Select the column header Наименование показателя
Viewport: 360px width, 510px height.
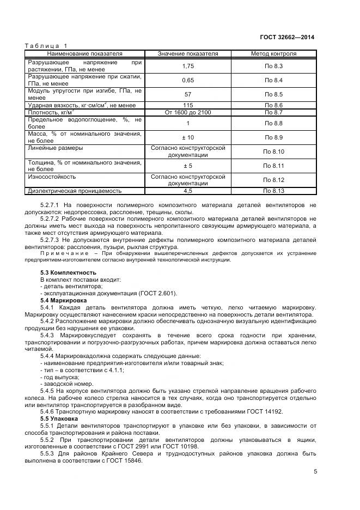(84, 54)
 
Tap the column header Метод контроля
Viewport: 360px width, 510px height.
(273, 54)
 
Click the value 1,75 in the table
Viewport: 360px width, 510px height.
(188, 66)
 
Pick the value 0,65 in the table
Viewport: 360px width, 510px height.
(188, 81)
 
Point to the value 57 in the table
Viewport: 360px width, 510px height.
(188, 94)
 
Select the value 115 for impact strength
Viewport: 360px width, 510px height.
(188, 105)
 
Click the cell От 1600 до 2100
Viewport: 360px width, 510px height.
(188, 112)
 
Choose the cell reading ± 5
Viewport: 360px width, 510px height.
(188, 166)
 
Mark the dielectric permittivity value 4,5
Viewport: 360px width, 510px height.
(188, 191)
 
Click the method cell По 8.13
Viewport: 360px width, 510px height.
(274, 191)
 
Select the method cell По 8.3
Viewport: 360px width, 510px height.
(274, 66)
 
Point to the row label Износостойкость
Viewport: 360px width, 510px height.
(52, 177)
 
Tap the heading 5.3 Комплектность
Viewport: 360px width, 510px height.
(69, 272)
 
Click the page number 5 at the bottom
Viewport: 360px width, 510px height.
(315, 472)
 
